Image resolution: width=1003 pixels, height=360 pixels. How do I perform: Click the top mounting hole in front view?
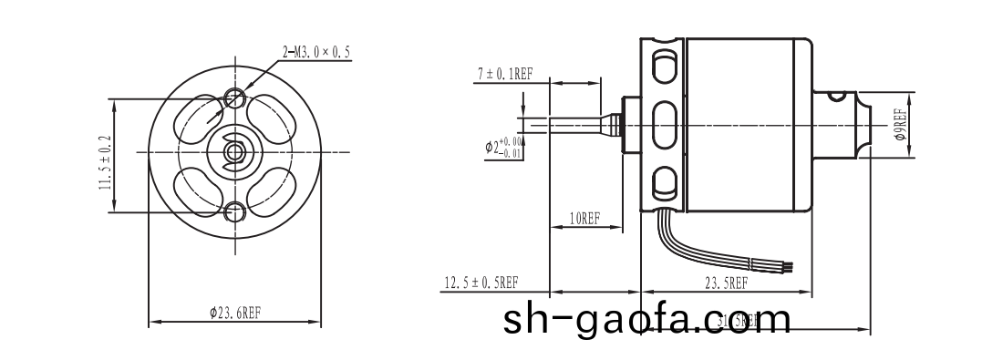(235, 96)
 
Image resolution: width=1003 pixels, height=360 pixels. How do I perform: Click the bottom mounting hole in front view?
(235, 212)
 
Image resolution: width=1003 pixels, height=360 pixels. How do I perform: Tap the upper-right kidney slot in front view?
(274, 117)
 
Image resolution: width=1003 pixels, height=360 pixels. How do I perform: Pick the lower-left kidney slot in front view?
(196, 193)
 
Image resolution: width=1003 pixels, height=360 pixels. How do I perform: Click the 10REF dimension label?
(584, 219)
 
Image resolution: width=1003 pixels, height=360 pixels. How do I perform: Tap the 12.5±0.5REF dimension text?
(481, 283)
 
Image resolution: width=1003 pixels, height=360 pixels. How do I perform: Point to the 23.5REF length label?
(726, 283)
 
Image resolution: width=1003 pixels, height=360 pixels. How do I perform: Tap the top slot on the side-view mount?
(664, 67)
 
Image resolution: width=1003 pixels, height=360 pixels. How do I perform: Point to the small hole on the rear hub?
(835, 91)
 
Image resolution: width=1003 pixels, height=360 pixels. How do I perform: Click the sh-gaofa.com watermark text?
(647, 320)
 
